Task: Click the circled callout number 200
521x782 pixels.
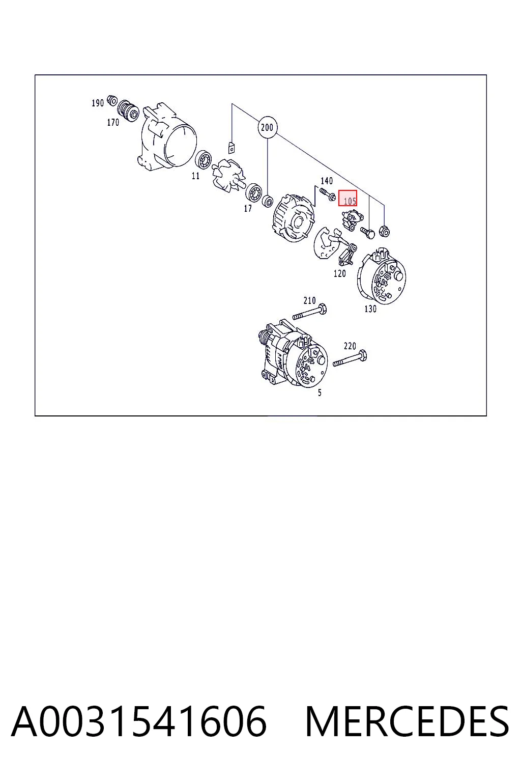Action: tap(267, 127)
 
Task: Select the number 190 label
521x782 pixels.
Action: tap(98, 103)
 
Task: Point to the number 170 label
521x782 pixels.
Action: tap(113, 123)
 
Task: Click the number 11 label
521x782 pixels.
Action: tap(195, 176)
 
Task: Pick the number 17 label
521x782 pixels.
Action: tap(248, 208)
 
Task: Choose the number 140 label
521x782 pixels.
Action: tap(327, 181)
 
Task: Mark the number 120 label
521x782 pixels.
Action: tap(339, 274)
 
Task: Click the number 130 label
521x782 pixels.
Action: tap(370, 309)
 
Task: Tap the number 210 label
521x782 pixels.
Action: tap(309, 300)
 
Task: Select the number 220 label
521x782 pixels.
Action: tap(350, 346)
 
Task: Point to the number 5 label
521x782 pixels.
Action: tap(320, 393)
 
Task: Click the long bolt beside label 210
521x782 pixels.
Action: tap(309, 312)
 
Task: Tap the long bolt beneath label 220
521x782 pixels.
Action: tap(350, 358)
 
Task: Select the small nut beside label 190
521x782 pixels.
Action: tap(111, 100)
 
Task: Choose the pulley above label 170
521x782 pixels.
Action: tap(128, 110)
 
